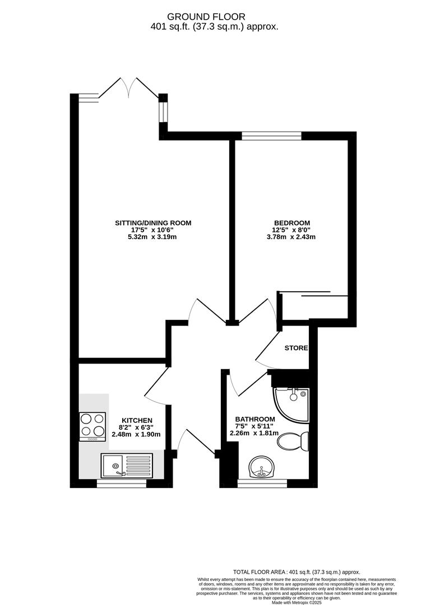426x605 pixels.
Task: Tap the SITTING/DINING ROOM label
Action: [x=153, y=222]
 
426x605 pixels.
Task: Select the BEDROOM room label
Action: [x=292, y=222]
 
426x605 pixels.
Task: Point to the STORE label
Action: [x=296, y=348]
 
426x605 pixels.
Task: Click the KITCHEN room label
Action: [x=137, y=420]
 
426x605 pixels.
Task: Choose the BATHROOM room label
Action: [x=255, y=419]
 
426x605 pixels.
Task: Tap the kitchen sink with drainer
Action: [x=127, y=466]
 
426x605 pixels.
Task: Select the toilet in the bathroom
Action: [x=293, y=441]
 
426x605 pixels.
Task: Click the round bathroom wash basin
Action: [x=262, y=467]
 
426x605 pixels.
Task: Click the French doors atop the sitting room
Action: [x=129, y=90]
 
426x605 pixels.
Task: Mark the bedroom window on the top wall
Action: [x=271, y=135]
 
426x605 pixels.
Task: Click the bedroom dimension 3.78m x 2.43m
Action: [x=292, y=237]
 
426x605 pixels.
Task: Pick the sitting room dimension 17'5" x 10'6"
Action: [x=153, y=230]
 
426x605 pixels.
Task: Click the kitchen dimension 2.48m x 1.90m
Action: [x=137, y=434]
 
